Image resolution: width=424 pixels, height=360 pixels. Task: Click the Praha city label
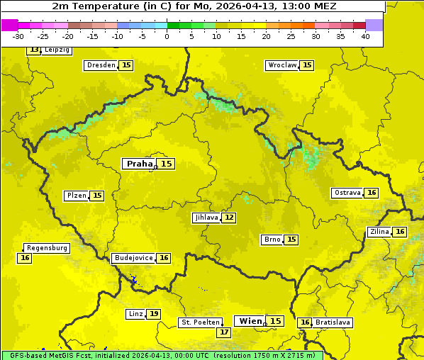(139, 164)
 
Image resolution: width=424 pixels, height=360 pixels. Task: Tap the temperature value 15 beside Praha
(166, 164)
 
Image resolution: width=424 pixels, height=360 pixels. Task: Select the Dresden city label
(101, 65)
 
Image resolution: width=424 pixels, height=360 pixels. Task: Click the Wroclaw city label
(282, 65)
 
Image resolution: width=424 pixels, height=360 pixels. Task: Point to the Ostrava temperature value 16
(372, 193)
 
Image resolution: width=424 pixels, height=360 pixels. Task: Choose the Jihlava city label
(206, 218)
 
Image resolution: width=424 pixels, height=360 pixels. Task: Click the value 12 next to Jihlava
(229, 218)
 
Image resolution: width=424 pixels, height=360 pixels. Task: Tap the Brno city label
(272, 240)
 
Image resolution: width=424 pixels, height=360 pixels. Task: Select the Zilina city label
(379, 232)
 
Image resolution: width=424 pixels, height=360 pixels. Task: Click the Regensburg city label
(47, 248)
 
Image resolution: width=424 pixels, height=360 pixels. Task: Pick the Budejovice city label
(133, 258)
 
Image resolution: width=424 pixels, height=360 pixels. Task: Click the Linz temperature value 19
(154, 314)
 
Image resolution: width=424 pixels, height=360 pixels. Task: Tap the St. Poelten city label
(201, 322)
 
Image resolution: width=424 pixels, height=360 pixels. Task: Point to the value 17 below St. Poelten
(224, 332)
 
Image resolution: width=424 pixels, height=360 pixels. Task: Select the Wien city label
(250, 321)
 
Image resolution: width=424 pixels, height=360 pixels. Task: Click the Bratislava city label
(333, 322)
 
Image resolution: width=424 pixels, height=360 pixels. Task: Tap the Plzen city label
(77, 196)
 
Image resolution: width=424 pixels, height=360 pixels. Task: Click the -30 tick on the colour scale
(18, 36)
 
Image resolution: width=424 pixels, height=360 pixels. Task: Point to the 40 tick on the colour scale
(365, 36)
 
